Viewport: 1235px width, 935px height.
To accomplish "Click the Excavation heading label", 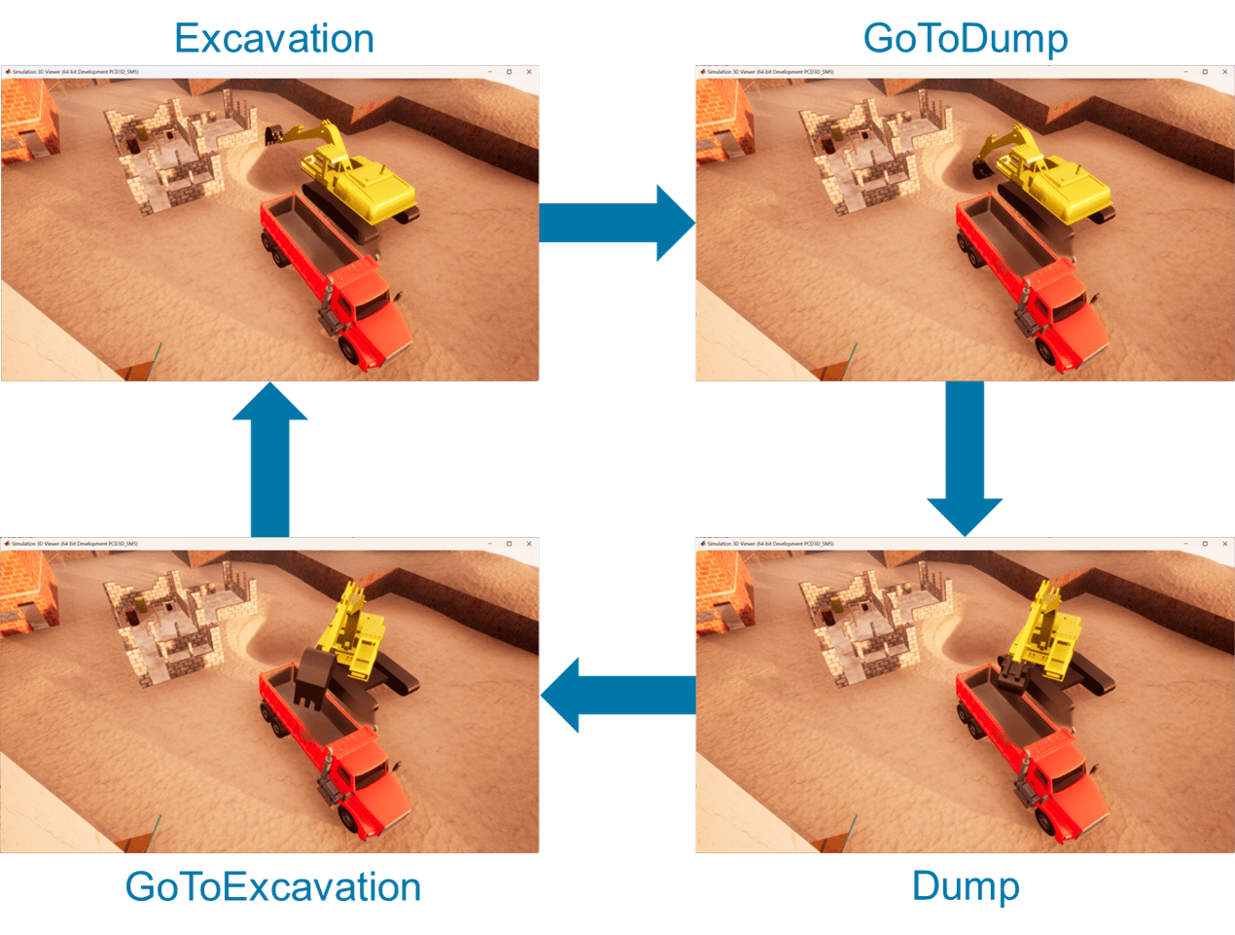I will pyautogui.click(x=275, y=39).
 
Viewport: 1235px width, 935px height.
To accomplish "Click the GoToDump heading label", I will pyautogui.click(x=965, y=39).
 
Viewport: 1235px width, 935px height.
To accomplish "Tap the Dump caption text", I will pyautogui.click(x=965, y=886).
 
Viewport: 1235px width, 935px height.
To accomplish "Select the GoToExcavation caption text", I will pyautogui.click(x=273, y=886).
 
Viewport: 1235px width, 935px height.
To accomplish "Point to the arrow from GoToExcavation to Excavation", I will pyautogui.click(x=270, y=458).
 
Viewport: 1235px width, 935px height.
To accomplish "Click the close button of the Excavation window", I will pyautogui.click(x=529, y=72).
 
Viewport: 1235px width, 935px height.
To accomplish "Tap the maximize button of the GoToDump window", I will pyautogui.click(x=1205, y=72).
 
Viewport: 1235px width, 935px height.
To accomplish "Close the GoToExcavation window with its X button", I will pyautogui.click(x=529, y=544).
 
